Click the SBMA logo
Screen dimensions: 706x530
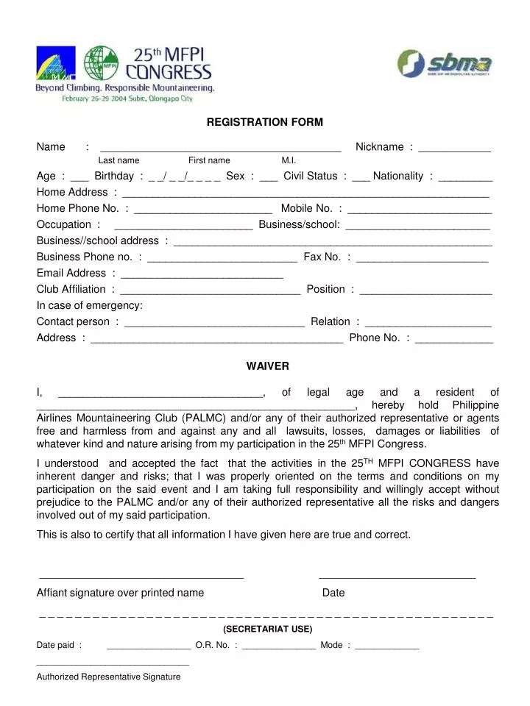[x=445, y=64]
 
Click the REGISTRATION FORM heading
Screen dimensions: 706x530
[x=264, y=121]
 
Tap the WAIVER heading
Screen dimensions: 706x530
[x=267, y=366]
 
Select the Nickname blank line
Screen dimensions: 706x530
[x=454, y=150]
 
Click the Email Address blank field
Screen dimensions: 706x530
[x=202, y=277]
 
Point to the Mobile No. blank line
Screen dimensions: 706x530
[x=420, y=212]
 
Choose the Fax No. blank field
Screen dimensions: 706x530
[x=422, y=260]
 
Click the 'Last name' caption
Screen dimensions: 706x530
[x=119, y=160]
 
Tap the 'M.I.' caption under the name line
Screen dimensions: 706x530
[x=289, y=160]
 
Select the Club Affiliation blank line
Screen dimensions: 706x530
[x=210, y=293]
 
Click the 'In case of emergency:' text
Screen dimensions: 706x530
[x=90, y=305]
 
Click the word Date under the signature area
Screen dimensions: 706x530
[x=333, y=593]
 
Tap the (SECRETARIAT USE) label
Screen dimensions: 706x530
[x=267, y=629]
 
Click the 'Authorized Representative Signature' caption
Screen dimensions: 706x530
[x=108, y=677]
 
